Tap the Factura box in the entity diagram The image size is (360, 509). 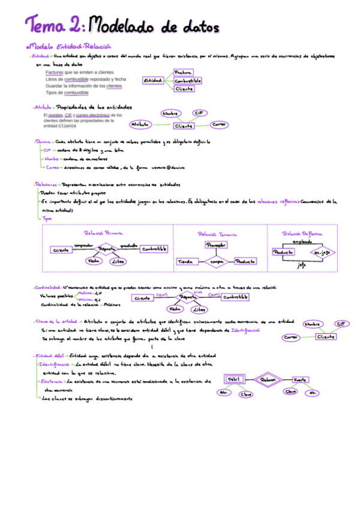click(x=183, y=72)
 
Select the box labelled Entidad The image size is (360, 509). click(x=153, y=80)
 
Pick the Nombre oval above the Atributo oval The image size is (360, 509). click(x=172, y=113)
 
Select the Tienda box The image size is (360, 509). click(x=185, y=262)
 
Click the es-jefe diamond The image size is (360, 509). click(x=322, y=253)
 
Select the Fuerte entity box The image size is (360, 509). click(x=300, y=379)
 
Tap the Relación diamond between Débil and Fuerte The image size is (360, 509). click(x=267, y=379)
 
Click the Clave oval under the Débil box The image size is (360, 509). click(x=246, y=394)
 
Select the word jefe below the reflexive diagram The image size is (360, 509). click(x=302, y=267)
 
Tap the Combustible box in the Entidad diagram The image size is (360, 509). click(x=187, y=80)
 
